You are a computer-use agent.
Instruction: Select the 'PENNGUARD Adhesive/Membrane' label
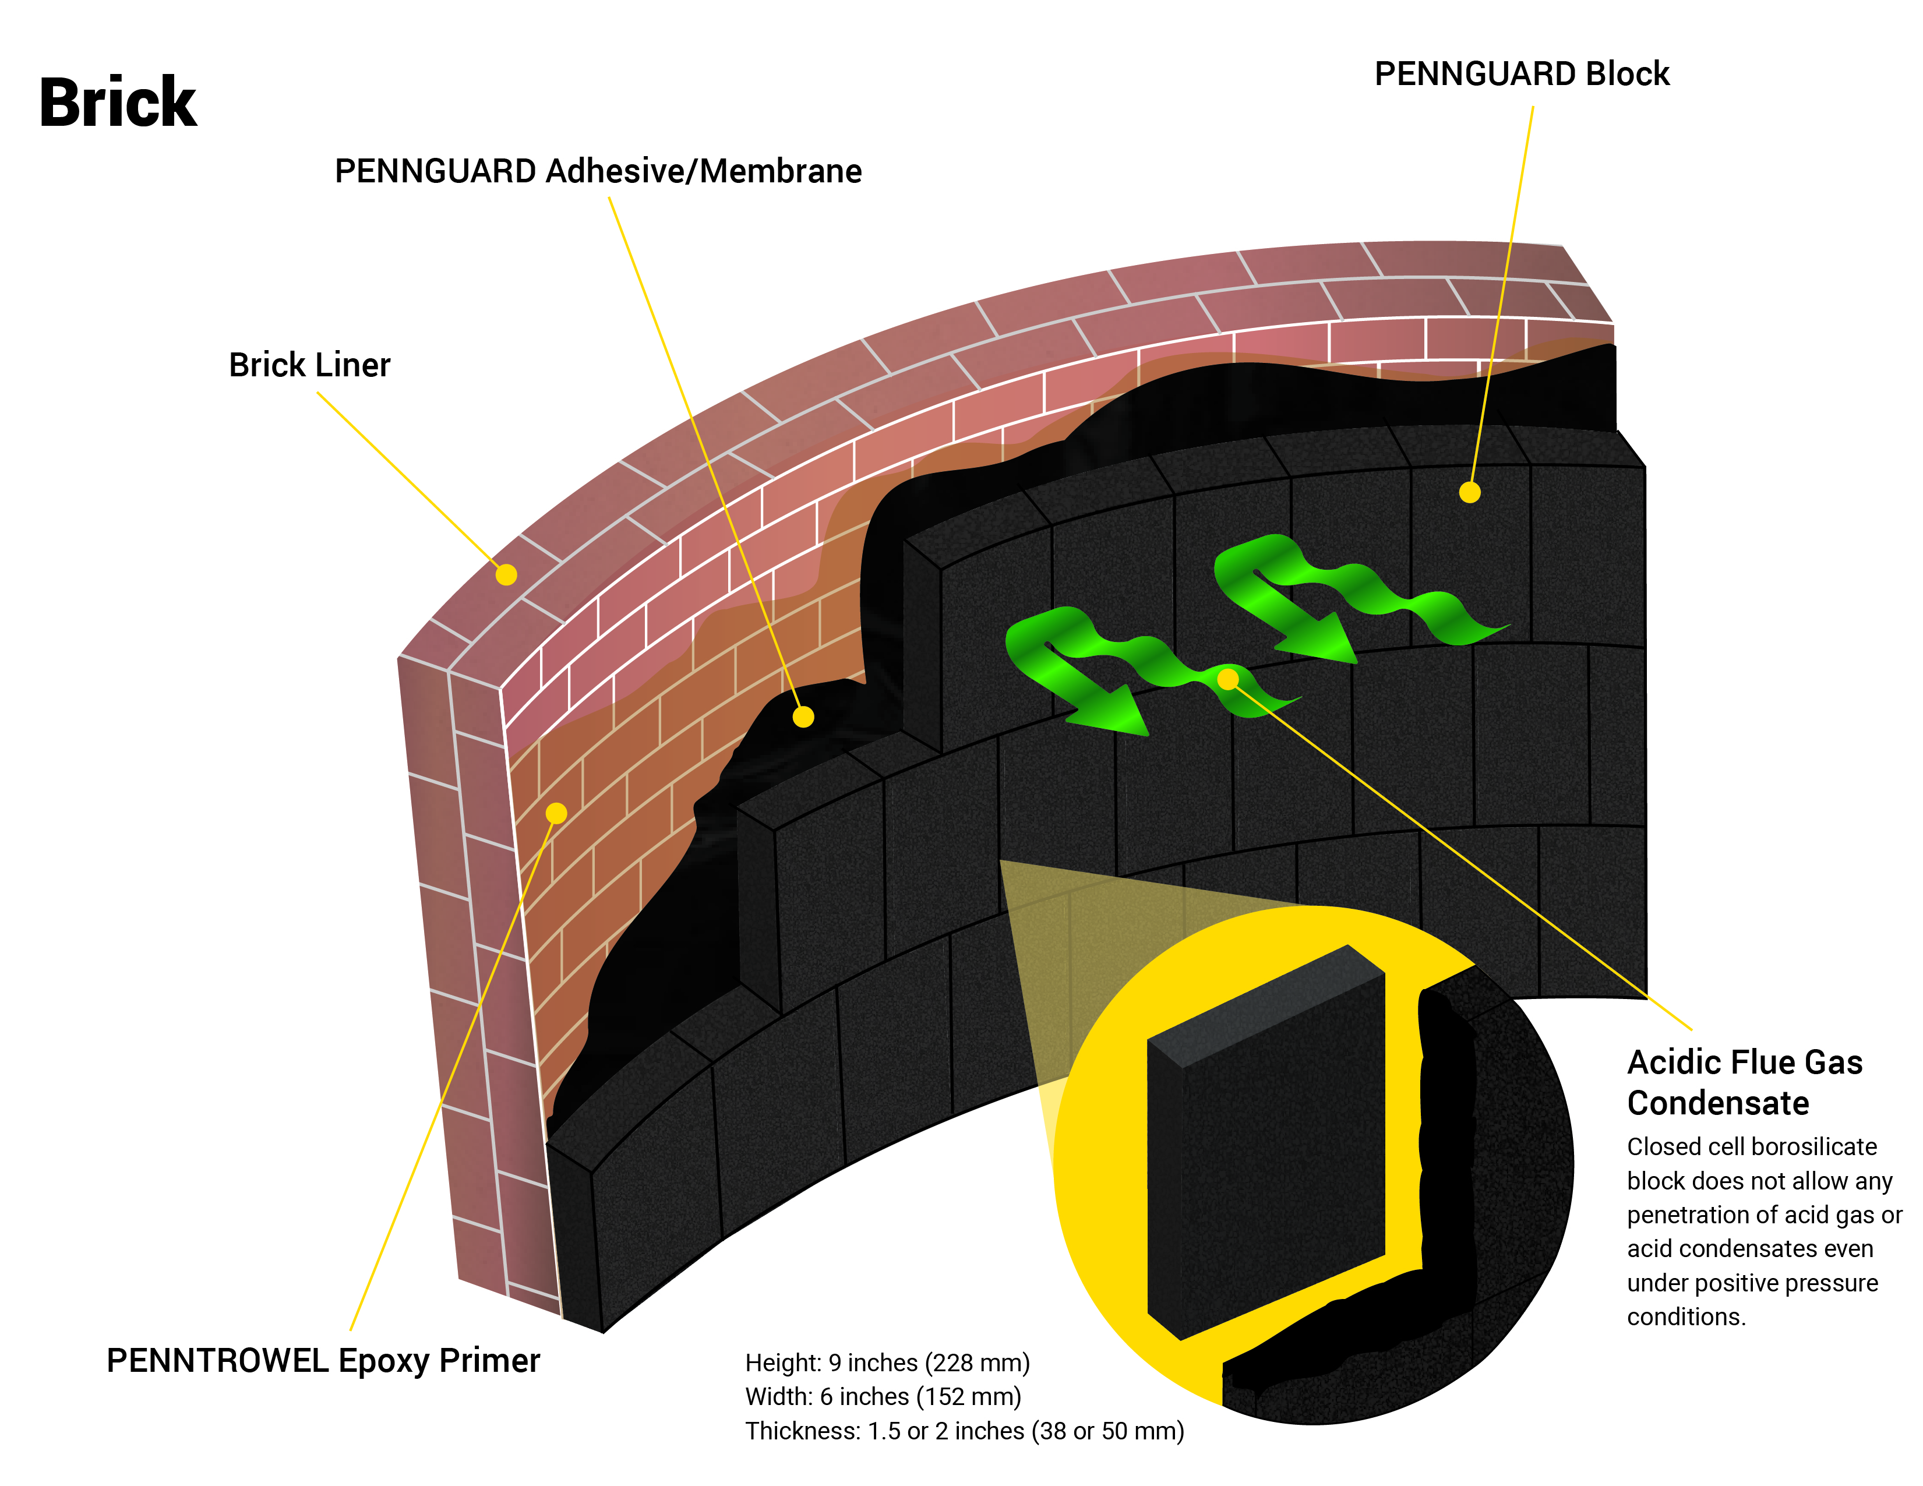(598, 171)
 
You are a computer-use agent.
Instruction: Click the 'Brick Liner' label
(309, 365)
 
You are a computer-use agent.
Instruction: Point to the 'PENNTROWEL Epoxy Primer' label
(323, 1361)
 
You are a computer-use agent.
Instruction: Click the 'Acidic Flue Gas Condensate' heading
(1744, 1082)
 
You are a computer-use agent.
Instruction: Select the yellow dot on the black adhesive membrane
(803, 716)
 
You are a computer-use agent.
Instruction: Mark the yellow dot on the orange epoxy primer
(556, 813)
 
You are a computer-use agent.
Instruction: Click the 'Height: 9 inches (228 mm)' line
(887, 1363)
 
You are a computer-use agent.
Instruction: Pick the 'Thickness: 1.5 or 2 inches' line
(964, 1431)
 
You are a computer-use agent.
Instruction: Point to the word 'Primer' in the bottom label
(489, 1361)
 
